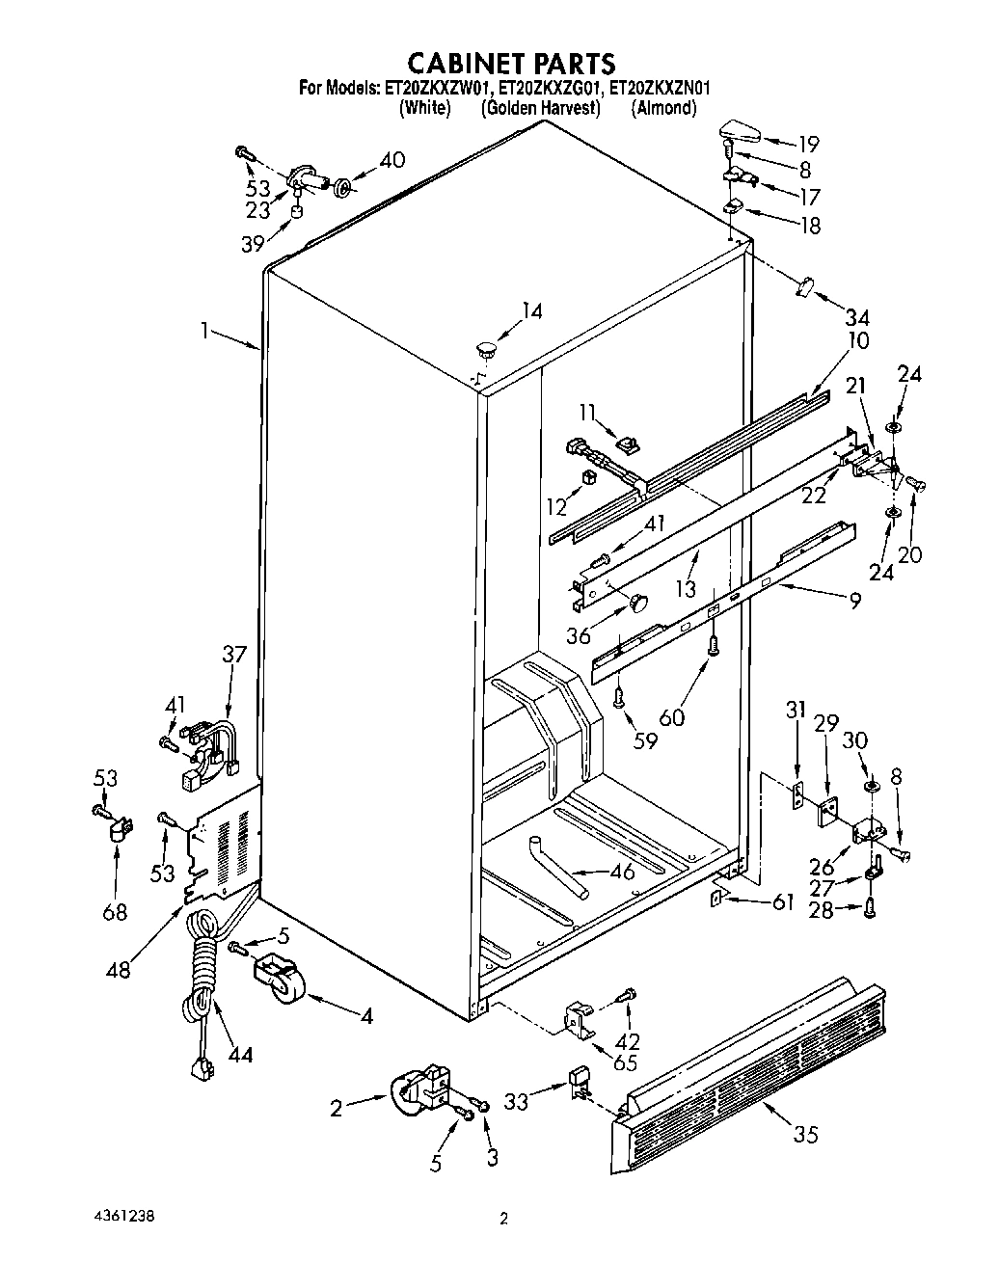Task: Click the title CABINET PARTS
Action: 510,64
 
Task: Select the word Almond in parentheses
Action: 663,108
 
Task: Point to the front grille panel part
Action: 752,1061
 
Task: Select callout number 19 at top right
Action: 807,145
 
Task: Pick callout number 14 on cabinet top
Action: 531,310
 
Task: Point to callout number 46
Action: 625,874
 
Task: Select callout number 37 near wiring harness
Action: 234,655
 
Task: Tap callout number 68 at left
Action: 114,910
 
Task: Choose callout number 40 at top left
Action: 391,160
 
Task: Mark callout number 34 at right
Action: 856,317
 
